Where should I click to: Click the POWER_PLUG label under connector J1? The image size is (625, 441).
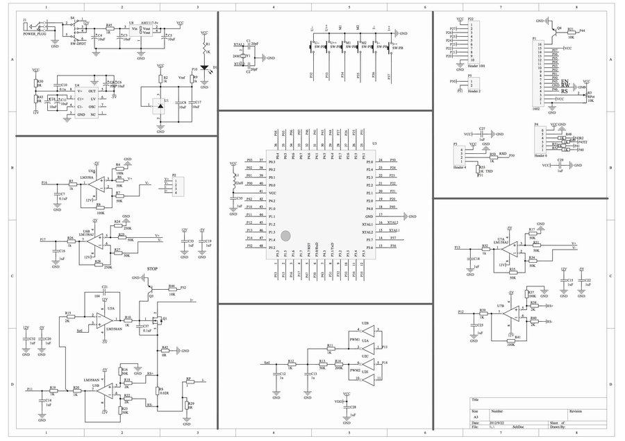pos(33,33)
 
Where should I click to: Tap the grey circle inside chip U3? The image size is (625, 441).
pos(294,236)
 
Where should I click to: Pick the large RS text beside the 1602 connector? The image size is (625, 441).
pos(565,91)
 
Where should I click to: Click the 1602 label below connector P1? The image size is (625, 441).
pos(536,110)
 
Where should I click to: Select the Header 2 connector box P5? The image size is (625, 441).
pos(473,85)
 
